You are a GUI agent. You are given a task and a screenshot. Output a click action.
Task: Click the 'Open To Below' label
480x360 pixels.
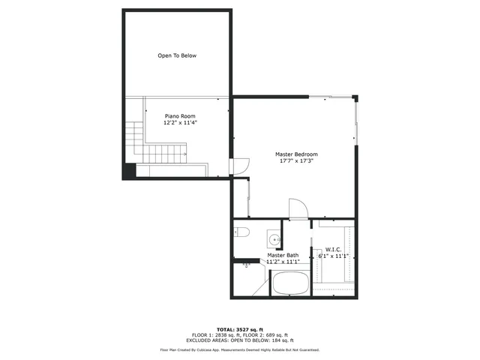click(x=177, y=55)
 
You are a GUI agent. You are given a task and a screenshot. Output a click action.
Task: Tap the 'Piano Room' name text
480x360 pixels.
click(x=180, y=116)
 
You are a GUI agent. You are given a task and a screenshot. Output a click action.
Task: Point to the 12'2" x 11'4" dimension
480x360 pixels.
click(x=180, y=124)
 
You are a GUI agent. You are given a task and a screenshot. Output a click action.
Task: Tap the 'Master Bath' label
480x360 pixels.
click(x=283, y=256)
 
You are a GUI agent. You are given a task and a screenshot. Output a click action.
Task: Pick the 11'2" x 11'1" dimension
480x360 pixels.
click(x=283, y=262)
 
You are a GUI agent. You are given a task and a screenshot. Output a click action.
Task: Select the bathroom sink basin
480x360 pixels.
click(x=275, y=240)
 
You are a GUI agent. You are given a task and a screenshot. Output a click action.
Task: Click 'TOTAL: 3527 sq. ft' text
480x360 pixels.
click(x=239, y=329)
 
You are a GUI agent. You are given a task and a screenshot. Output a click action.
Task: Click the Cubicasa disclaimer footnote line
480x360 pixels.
click(x=240, y=349)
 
